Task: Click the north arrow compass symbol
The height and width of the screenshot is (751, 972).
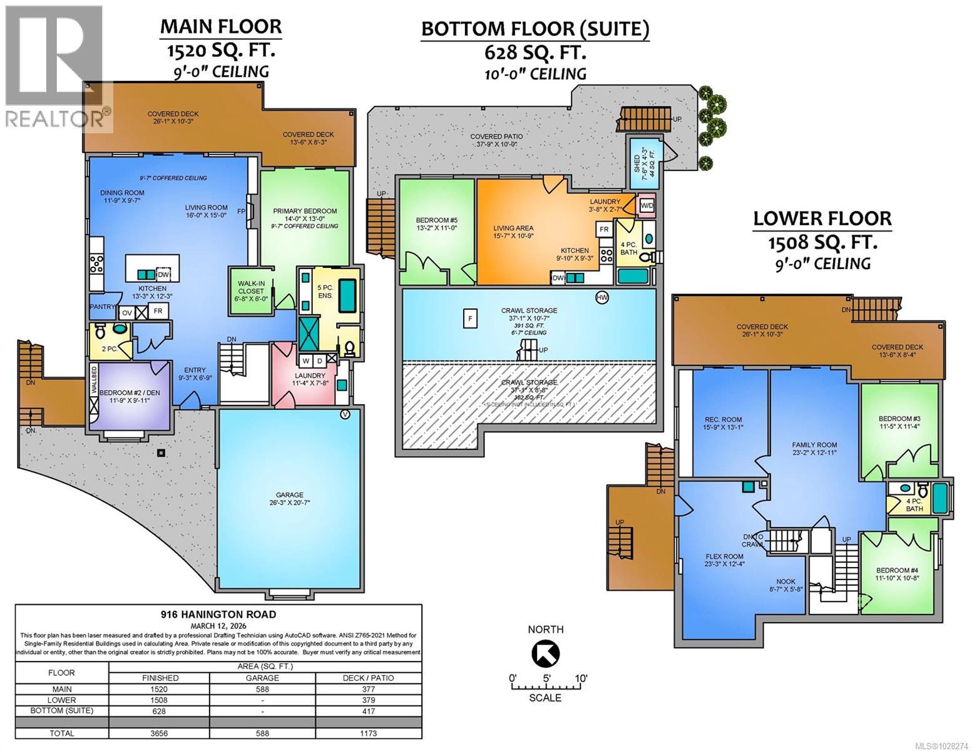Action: tap(545, 655)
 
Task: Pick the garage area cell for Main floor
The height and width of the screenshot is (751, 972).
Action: tap(262, 688)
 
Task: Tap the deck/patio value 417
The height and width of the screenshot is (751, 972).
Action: tap(369, 711)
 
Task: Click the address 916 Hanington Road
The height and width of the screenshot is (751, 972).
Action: tap(218, 615)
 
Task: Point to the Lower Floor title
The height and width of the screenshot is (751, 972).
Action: tap(822, 218)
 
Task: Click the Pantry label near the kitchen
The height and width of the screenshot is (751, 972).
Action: tap(102, 307)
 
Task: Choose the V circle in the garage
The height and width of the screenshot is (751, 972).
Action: tap(344, 414)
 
